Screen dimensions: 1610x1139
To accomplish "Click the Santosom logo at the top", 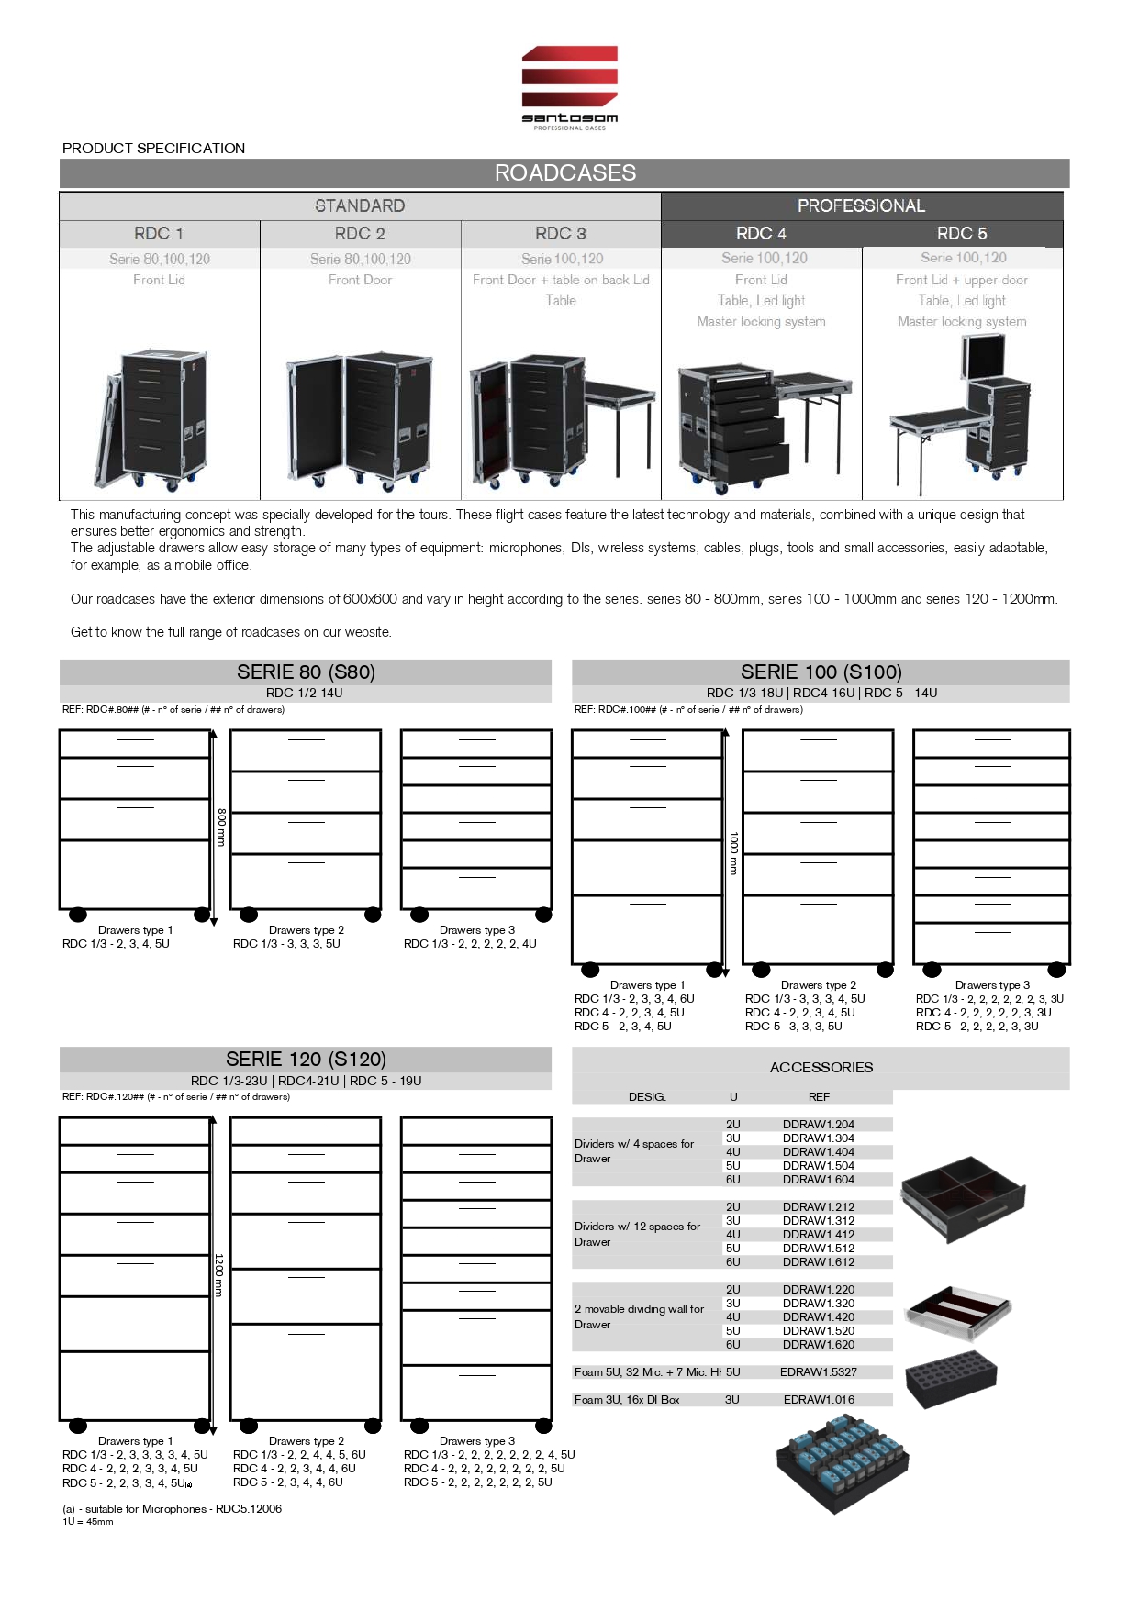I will pos(569,87).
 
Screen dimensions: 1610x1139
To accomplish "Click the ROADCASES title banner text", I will pos(564,172).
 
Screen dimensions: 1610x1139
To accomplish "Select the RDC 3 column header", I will pos(560,233).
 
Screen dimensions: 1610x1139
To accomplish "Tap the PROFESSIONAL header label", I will pos(861,205).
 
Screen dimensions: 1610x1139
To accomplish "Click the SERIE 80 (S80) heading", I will pos(306,672).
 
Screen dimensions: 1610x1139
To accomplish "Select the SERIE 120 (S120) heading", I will pos(306,1059).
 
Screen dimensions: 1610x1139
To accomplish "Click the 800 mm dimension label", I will pos(221,827).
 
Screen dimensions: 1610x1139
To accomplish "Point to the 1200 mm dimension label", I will pos(218,1275).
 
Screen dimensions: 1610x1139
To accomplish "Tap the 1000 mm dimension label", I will pos(732,853).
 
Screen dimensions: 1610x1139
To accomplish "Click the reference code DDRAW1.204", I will pos(818,1124).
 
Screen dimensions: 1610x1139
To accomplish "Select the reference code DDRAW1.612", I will pos(818,1261).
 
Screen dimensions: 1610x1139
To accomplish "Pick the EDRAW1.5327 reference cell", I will pos(818,1371).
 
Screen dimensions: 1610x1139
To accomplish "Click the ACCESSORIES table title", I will pos(821,1067).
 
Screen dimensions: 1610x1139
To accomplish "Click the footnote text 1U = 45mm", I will pos(88,1521).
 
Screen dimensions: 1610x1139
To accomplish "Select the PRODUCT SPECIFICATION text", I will pos(153,148).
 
